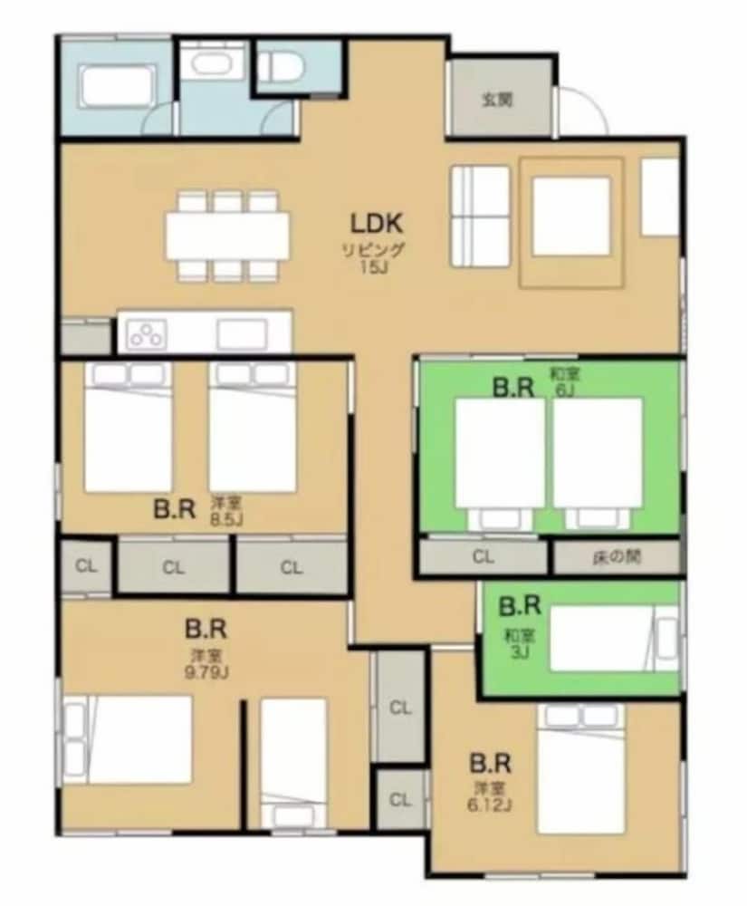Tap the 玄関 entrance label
coord(497,99)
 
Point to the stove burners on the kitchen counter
coord(148,334)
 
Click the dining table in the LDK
coord(227,235)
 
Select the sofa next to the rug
coord(480,217)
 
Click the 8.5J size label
coord(227,517)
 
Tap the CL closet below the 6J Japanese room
coord(484,557)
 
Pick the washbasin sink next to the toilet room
coord(211,65)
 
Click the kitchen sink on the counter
coord(241,334)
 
